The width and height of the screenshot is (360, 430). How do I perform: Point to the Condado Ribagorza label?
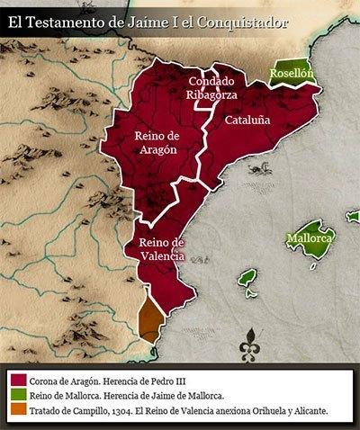211,88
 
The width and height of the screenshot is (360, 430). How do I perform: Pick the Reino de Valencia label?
161,248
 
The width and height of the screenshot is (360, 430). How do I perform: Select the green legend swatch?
17,395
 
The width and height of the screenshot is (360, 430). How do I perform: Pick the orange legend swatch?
17,410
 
